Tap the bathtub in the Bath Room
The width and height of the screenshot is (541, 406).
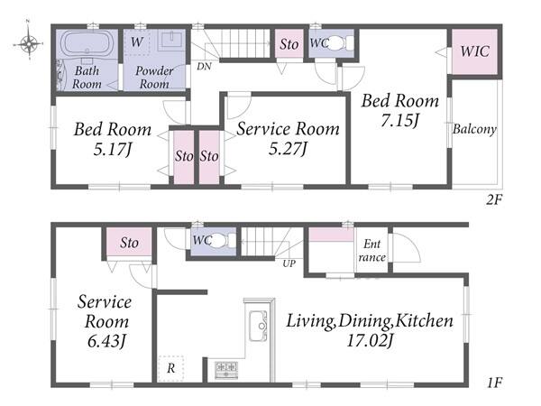[87, 42]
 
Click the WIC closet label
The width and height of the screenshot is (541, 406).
[475, 51]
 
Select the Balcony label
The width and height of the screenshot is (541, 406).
[475, 129]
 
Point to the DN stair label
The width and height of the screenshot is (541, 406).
[204, 66]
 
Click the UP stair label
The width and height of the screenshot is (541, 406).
[289, 263]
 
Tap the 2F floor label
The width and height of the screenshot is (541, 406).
[494, 199]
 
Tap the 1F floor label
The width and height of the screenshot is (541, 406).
[494, 383]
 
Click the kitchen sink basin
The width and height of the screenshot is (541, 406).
[258, 326]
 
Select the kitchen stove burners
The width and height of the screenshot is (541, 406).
[226, 369]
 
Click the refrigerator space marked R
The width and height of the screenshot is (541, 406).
[170, 368]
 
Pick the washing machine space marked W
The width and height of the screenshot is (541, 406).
[137, 42]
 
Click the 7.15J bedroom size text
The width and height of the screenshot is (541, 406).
[399, 121]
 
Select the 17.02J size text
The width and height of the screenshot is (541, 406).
[369, 341]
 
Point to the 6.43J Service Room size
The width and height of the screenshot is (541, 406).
[105, 341]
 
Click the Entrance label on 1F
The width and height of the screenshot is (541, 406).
[371, 251]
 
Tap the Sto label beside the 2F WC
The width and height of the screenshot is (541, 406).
[289, 44]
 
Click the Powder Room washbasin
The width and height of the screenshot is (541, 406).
[171, 41]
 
